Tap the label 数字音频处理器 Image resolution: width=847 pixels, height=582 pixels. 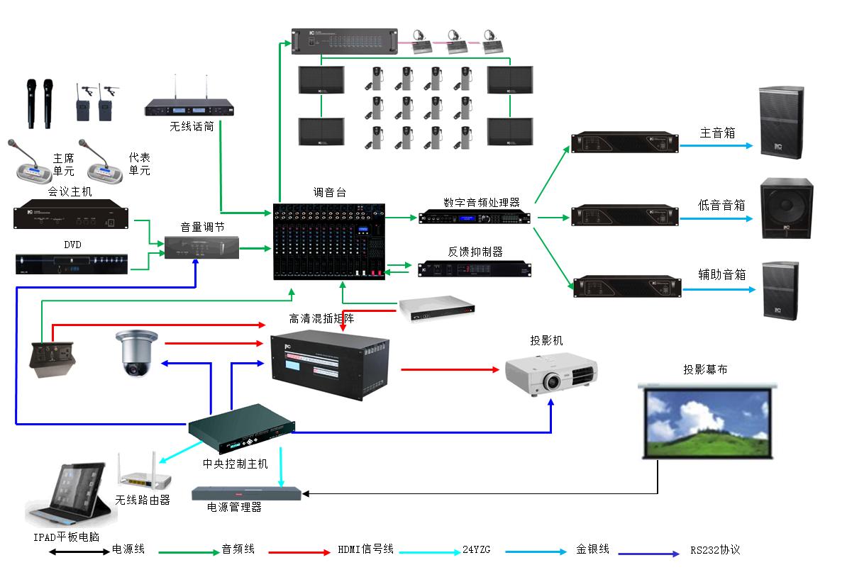click(482, 203)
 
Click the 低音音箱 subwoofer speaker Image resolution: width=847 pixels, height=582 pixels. click(787, 208)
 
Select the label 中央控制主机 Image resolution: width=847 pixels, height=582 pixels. click(236, 464)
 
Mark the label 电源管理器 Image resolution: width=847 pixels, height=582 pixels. click(234, 508)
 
